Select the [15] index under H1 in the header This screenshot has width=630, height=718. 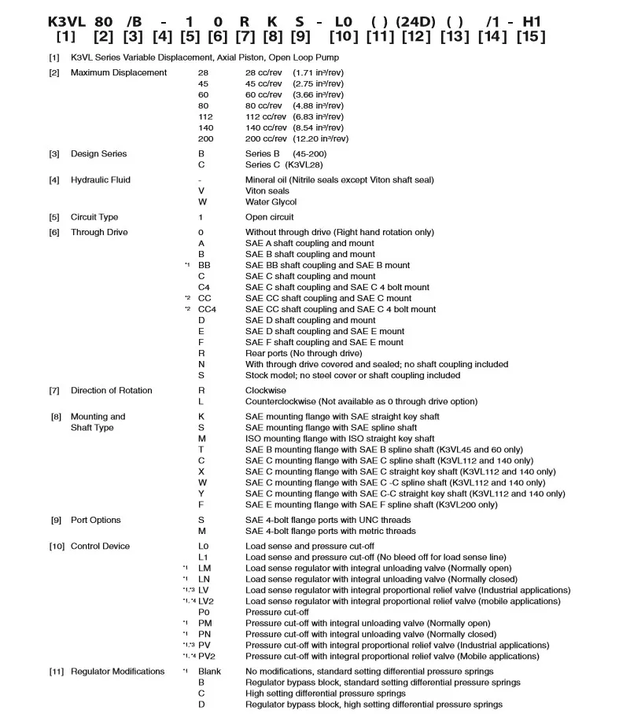[532, 37]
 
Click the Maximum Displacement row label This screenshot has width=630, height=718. [119, 72]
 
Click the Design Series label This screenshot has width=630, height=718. [98, 153]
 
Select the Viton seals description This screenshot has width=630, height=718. [267, 191]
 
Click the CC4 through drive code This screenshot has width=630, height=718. [207, 309]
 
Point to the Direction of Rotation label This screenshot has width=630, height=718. [112, 390]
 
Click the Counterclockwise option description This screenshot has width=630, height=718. [361, 401]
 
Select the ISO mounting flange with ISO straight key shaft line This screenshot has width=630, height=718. [340, 438]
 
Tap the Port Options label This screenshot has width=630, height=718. [96, 520]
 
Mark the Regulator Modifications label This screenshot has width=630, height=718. [118, 671]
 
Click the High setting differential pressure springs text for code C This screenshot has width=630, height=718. [326, 694]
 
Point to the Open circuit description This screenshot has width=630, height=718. [269, 217]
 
